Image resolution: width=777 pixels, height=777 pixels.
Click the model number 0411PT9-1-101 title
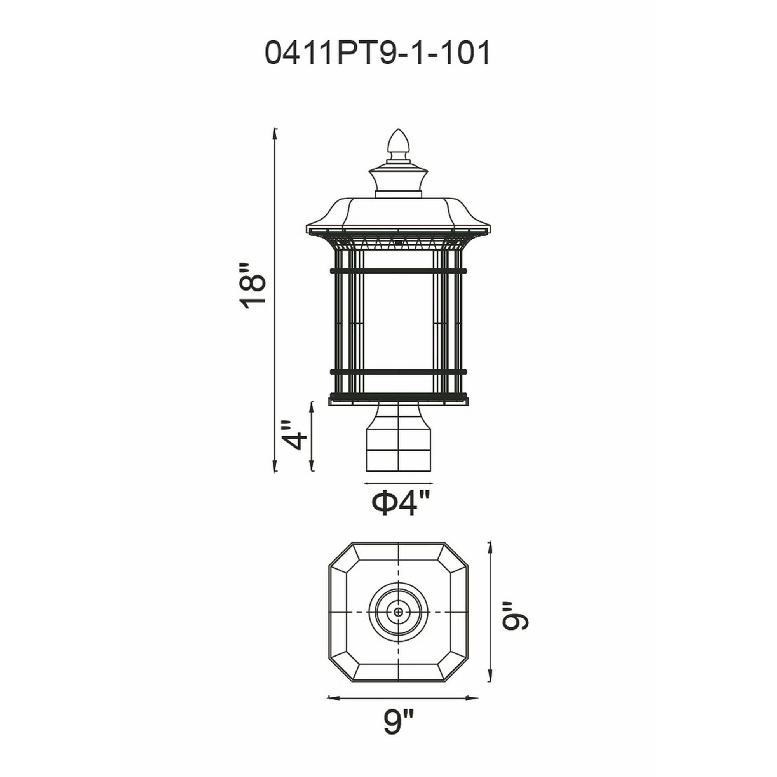377,54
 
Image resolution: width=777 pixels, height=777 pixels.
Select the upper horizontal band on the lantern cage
399,271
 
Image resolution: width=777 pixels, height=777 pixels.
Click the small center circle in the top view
399,624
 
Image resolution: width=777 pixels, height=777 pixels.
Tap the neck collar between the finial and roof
399,183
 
